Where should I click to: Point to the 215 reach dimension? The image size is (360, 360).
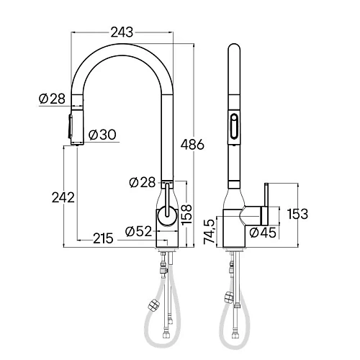tap(103, 238)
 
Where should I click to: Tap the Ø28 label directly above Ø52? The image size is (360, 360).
tap(141, 183)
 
